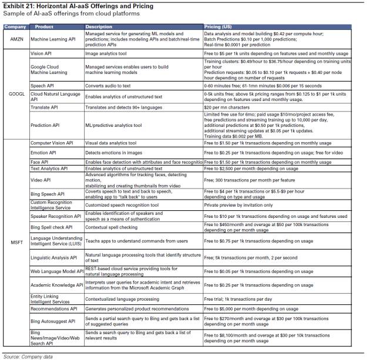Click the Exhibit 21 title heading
click(x=78, y=6)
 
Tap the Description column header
click(x=99, y=27)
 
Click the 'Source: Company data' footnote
click(x=27, y=356)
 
